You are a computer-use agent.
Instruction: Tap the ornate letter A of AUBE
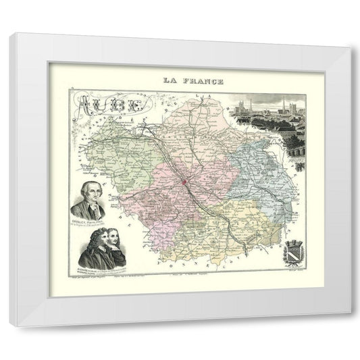pyautogui.click(x=86, y=105)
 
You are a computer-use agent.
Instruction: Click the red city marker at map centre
pyautogui.click(x=184, y=182)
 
